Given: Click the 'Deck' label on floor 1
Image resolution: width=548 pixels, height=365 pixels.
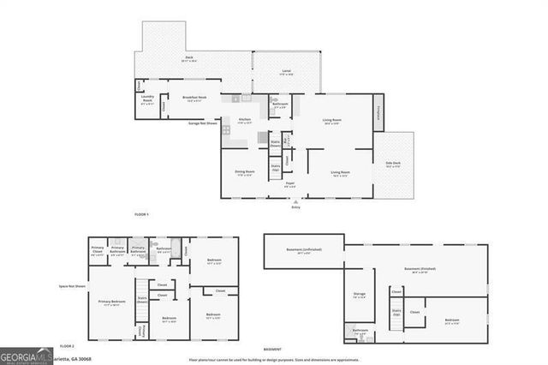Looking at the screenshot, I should [188, 59].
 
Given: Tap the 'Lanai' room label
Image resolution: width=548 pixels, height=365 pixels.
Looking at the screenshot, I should [285, 73].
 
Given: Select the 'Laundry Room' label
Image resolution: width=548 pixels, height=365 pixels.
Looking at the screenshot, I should [147, 100].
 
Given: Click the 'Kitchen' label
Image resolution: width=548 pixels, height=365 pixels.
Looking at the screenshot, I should [245, 121].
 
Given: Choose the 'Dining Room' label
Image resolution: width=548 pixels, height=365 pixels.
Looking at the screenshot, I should [245, 173].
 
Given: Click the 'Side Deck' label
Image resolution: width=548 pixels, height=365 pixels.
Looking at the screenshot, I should [394, 165].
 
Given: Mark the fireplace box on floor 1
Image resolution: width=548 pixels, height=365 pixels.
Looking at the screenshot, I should [379, 112].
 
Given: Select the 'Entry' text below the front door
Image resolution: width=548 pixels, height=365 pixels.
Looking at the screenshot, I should [295, 206].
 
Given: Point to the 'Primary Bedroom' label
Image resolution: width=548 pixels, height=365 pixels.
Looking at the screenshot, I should [110, 302].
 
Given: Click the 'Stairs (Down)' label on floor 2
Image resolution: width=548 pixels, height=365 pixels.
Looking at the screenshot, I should [142, 300].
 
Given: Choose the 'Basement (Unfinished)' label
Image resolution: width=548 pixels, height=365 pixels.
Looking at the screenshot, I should [302, 251].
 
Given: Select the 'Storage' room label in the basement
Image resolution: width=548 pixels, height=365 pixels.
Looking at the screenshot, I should [360, 296].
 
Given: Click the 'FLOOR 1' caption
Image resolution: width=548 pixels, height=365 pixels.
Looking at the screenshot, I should [141, 213].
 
